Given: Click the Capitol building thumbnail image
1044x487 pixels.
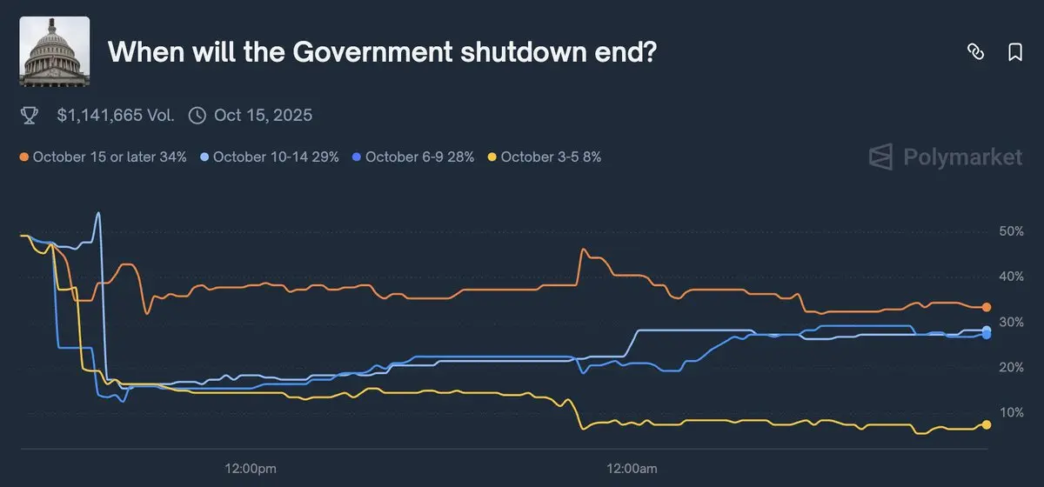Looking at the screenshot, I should coord(54,51).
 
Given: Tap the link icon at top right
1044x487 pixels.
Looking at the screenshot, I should coord(975,52).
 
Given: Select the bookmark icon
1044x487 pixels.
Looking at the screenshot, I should coord(1014,52).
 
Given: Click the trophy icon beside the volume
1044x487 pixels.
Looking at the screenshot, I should coord(29,115).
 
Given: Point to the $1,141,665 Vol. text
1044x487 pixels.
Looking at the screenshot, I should coord(116,115).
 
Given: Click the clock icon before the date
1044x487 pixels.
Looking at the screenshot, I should coord(197,115).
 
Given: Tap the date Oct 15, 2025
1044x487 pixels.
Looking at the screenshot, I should coord(262,115).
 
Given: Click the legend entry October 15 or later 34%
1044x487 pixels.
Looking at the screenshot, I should coord(104,157).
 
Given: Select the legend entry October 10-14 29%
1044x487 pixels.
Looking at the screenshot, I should coord(269,157).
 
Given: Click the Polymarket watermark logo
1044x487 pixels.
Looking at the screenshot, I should coord(946,157).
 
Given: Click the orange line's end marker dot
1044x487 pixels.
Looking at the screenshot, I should coord(987,307).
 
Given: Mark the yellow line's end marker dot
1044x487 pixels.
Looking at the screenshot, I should coord(987,424).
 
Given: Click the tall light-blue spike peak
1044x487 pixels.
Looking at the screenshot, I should coord(98,213).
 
